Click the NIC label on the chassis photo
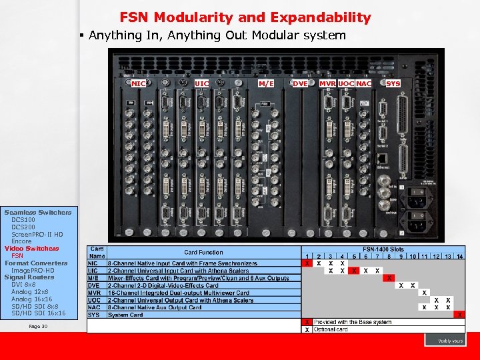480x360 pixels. (139, 83)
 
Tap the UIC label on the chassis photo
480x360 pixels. (202, 83)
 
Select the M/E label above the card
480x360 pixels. (266, 83)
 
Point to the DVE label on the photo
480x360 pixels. (300, 83)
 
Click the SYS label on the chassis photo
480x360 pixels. (393, 83)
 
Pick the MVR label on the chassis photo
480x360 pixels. (327, 83)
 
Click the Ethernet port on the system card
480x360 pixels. (383, 159)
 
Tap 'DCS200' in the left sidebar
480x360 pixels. (23, 227)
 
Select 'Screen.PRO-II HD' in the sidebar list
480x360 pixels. (37, 234)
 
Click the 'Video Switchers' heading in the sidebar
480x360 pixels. (31, 249)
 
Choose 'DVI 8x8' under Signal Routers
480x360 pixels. (24, 285)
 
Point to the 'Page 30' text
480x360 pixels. (39, 326)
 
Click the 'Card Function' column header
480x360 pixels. (204, 253)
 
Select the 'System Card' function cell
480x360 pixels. (126, 315)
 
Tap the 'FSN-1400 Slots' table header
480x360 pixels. (385, 249)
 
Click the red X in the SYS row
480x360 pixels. (459, 314)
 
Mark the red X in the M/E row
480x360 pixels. (390, 277)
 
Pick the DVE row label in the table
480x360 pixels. (94, 285)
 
